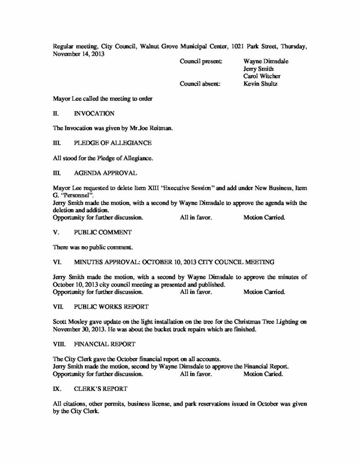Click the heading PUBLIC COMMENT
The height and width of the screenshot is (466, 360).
(103, 232)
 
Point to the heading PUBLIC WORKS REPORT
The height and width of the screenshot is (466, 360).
(109, 306)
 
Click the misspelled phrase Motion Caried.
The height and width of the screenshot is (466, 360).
(264, 374)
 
